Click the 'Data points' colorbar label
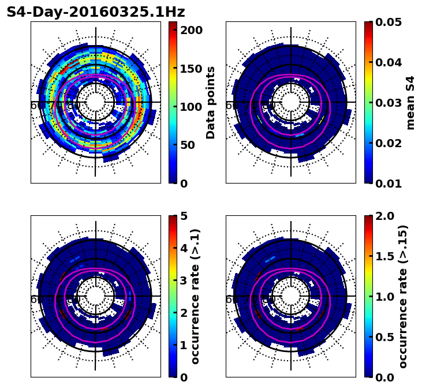pyautogui.click(x=211, y=103)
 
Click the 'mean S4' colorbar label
pyautogui.click(x=410, y=103)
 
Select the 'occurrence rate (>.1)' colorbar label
pyautogui.click(x=195, y=297)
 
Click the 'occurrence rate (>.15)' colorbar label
pyautogui.click(x=403, y=297)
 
